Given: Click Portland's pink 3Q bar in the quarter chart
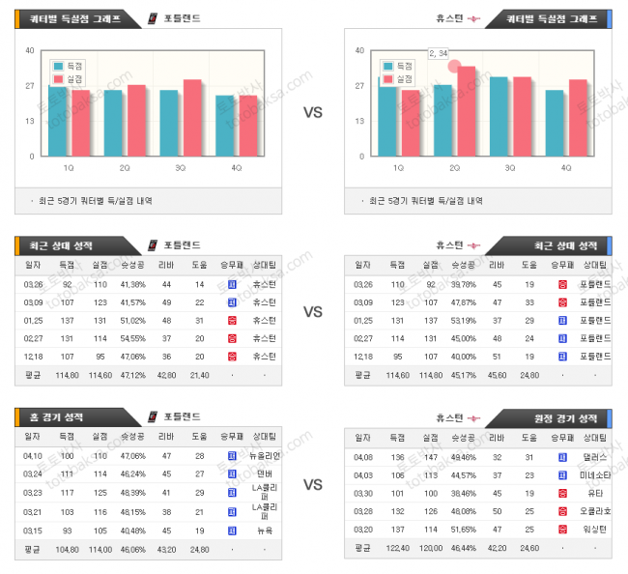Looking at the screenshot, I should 192,118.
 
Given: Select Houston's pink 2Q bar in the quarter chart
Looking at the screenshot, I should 467,111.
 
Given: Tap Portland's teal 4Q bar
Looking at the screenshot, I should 224,126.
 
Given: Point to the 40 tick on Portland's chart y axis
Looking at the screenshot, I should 29,50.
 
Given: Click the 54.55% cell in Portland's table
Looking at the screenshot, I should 133,338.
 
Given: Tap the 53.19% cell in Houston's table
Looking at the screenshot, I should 465,320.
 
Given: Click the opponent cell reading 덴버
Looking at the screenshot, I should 265,474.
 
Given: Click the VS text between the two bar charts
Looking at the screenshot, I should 313,112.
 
